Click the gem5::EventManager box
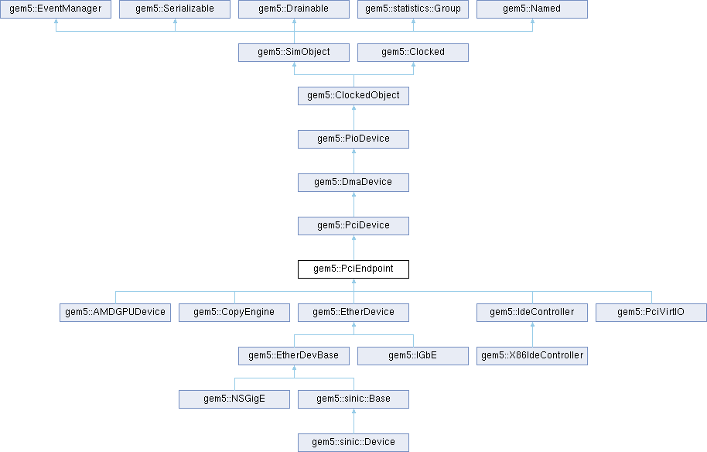[x=56, y=9]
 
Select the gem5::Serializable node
[x=175, y=9]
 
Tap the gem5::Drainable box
[x=294, y=9]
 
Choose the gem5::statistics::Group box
[x=413, y=9]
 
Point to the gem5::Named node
[x=532, y=9]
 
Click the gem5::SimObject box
[x=294, y=53]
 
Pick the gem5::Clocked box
[x=413, y=53]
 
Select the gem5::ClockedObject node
[x=353, y=96]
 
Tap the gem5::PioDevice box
[x=353, y=139]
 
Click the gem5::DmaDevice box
[x=353, y=183]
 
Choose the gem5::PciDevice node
[x=353, y=226]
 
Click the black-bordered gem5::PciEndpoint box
[x=353, y=269]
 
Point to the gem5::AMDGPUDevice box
[x=115, y=313]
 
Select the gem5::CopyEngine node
[x=234, y=313]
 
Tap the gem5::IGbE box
[x=413, y=356]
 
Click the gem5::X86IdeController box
[x=532, y=356]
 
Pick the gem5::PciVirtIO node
[x=651, y=313]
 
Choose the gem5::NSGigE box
[x=234, y=399]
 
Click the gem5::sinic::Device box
[x=353, y=443]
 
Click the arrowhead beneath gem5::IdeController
[x=532, y=326]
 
